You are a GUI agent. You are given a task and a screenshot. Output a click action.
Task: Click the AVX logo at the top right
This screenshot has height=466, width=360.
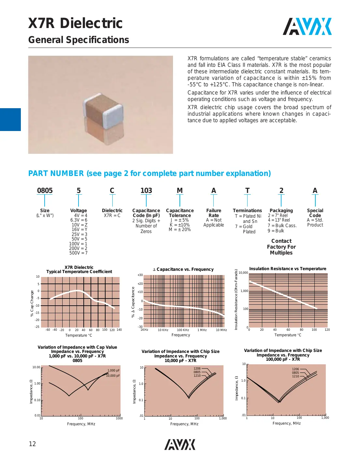[x=307, y=27]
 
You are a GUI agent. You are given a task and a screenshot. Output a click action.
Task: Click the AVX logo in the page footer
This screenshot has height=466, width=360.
[x=180, y=444]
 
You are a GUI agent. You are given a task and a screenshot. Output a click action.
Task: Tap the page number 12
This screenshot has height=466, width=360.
[x=32, y=444]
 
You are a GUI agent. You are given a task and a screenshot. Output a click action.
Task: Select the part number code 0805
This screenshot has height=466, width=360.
[x=45, y=191]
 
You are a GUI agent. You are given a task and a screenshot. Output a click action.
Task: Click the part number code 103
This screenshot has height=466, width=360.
[x=146, y=191]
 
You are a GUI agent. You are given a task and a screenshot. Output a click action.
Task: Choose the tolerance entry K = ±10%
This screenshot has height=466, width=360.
[x=180, y=225]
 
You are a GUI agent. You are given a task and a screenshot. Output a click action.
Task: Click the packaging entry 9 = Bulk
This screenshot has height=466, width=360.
[x=276, y=231]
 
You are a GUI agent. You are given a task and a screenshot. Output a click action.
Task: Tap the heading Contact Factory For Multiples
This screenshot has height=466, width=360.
[x=281, y=247]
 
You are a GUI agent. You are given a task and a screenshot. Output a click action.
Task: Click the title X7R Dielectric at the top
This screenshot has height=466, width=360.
[x=75, y=23]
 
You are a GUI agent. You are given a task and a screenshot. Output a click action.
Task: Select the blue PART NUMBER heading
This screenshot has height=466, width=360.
[x=149, y=173]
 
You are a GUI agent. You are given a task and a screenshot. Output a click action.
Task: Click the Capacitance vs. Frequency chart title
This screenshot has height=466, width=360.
[x=183, y=269]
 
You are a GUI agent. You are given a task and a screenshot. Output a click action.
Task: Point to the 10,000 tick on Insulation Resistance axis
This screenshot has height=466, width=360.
[x=243, y=273]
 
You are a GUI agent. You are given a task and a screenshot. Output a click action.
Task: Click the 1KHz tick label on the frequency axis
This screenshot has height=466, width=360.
[x=144, y=330]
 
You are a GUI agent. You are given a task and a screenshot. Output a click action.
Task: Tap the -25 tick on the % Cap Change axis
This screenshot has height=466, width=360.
[x=37, y=327]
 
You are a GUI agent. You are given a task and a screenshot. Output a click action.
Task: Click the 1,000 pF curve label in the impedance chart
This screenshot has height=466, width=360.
[x=113, y=370]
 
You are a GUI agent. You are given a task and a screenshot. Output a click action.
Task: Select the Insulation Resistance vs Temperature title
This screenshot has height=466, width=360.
[x=287, y=269]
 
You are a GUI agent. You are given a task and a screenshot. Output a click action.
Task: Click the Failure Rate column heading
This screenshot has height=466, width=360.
[x=213, y=213]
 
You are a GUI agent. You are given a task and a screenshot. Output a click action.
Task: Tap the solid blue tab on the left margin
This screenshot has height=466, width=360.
[x=10, y=120]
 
